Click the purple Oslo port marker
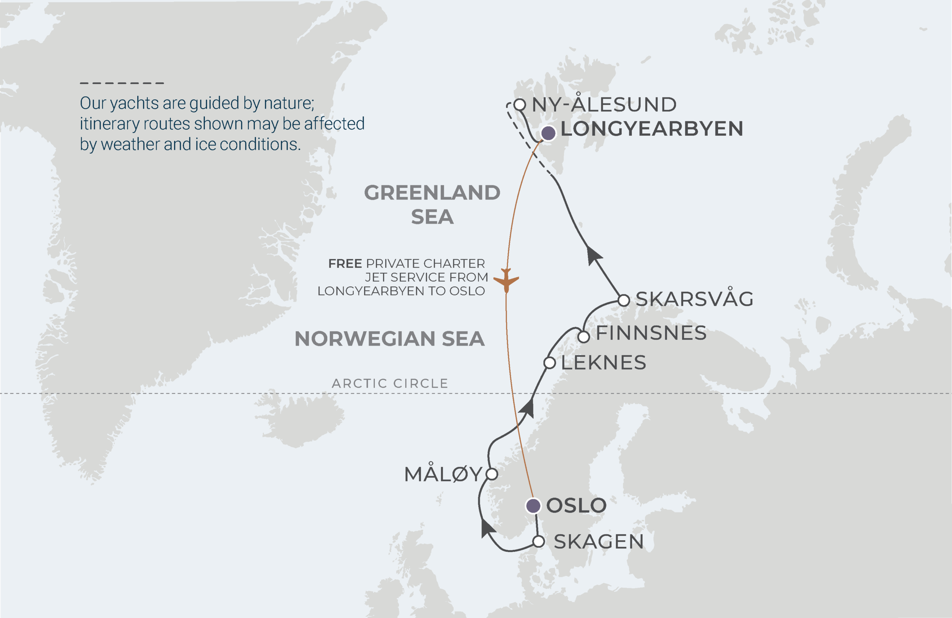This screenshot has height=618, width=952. (533, 506)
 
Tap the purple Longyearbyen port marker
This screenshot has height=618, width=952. (548, 132)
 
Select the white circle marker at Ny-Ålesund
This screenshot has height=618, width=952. (519, 105)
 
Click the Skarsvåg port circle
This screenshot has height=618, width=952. (624, 300)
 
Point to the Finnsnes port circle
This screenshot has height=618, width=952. (583, 337)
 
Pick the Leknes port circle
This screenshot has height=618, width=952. (550, 363)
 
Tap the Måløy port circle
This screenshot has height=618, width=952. (492, 474)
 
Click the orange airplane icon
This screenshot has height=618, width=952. (506, 280)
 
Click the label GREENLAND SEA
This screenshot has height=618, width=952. (432, 205)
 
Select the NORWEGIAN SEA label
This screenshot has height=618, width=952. (389, 339)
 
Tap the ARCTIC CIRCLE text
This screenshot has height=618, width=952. (390, 383)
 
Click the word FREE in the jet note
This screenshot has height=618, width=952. (345, 263)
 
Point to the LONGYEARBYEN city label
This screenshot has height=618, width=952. (652, 129)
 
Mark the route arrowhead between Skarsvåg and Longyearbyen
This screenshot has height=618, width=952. (594, 255)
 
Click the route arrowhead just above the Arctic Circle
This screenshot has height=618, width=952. (528, 409)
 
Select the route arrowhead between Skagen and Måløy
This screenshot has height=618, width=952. (487, 528)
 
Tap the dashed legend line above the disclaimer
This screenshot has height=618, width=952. (122, 83)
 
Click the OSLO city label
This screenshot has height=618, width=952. (576, 506)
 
